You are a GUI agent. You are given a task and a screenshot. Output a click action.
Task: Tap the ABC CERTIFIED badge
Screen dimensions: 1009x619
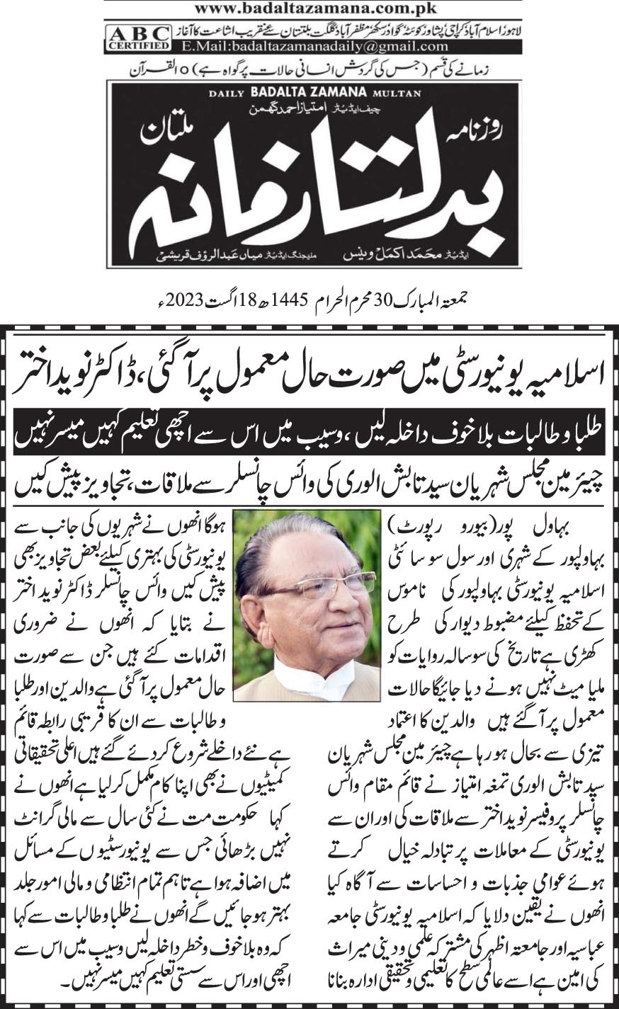click(138, 38)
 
